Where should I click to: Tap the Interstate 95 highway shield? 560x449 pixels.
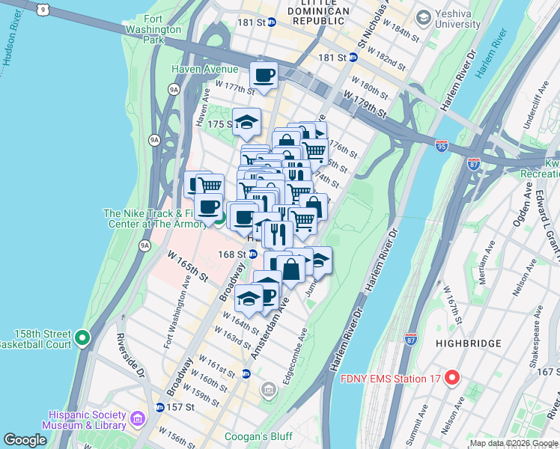442,143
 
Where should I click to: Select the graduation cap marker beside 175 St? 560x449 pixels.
246,122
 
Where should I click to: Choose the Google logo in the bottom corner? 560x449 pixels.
25,440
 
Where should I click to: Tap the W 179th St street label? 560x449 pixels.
364,104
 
